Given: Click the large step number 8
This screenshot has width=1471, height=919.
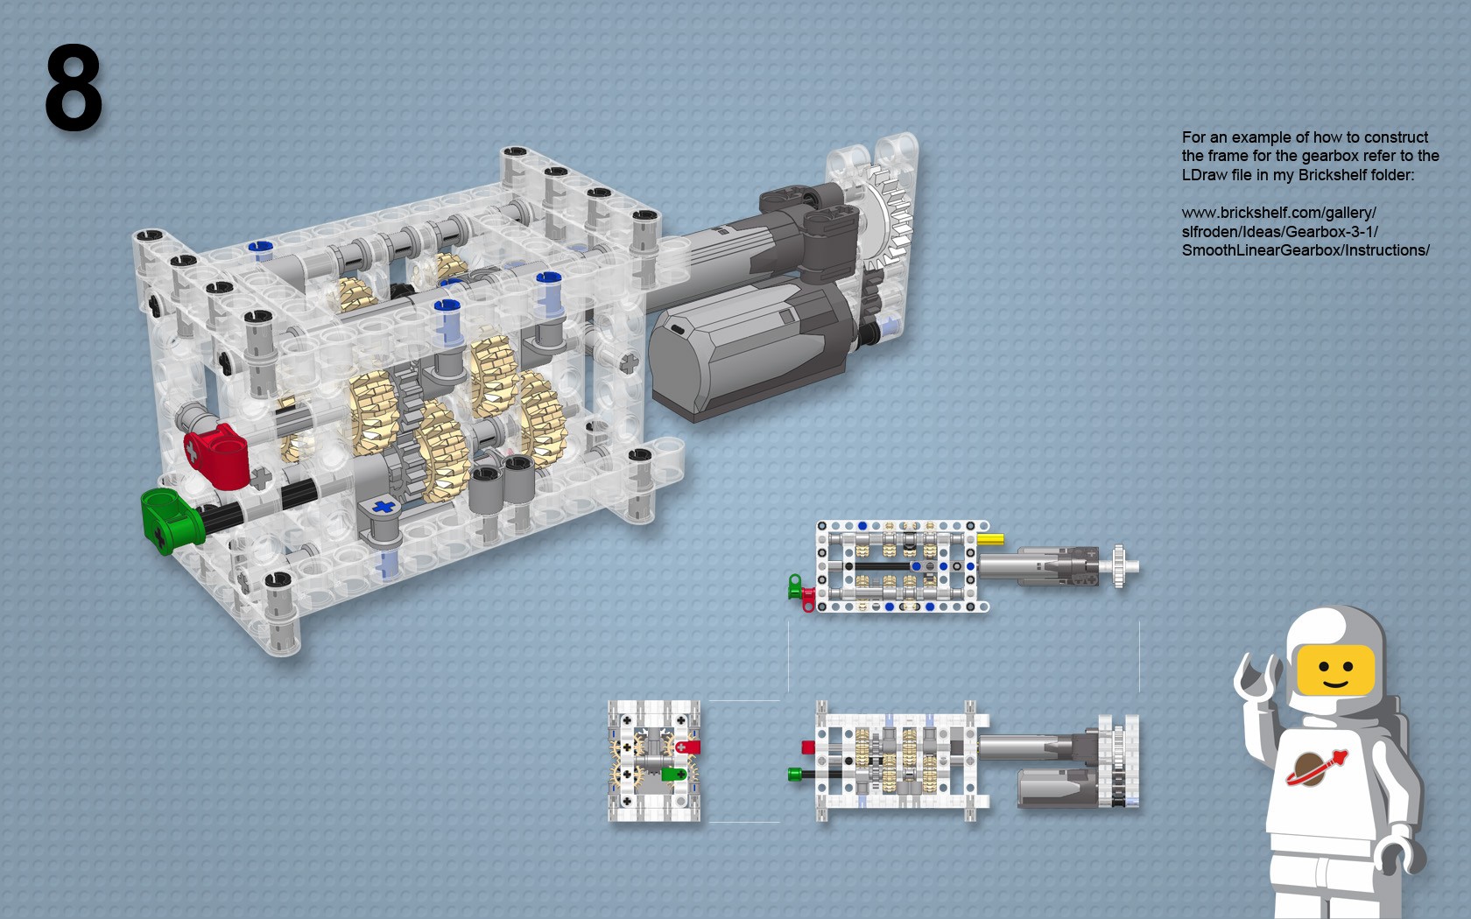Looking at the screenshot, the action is [x=74, y=88].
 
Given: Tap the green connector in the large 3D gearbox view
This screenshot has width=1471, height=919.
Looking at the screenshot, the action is [x=172, y=518].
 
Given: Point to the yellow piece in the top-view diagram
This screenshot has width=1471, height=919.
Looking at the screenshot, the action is [x=990, y=539].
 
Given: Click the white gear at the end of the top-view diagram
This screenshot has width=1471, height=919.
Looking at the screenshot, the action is [x=1121, y=565].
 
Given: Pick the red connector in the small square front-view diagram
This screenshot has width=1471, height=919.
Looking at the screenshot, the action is [x=687, y=747].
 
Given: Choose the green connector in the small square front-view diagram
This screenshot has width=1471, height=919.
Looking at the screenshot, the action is [x=674, y=775].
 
